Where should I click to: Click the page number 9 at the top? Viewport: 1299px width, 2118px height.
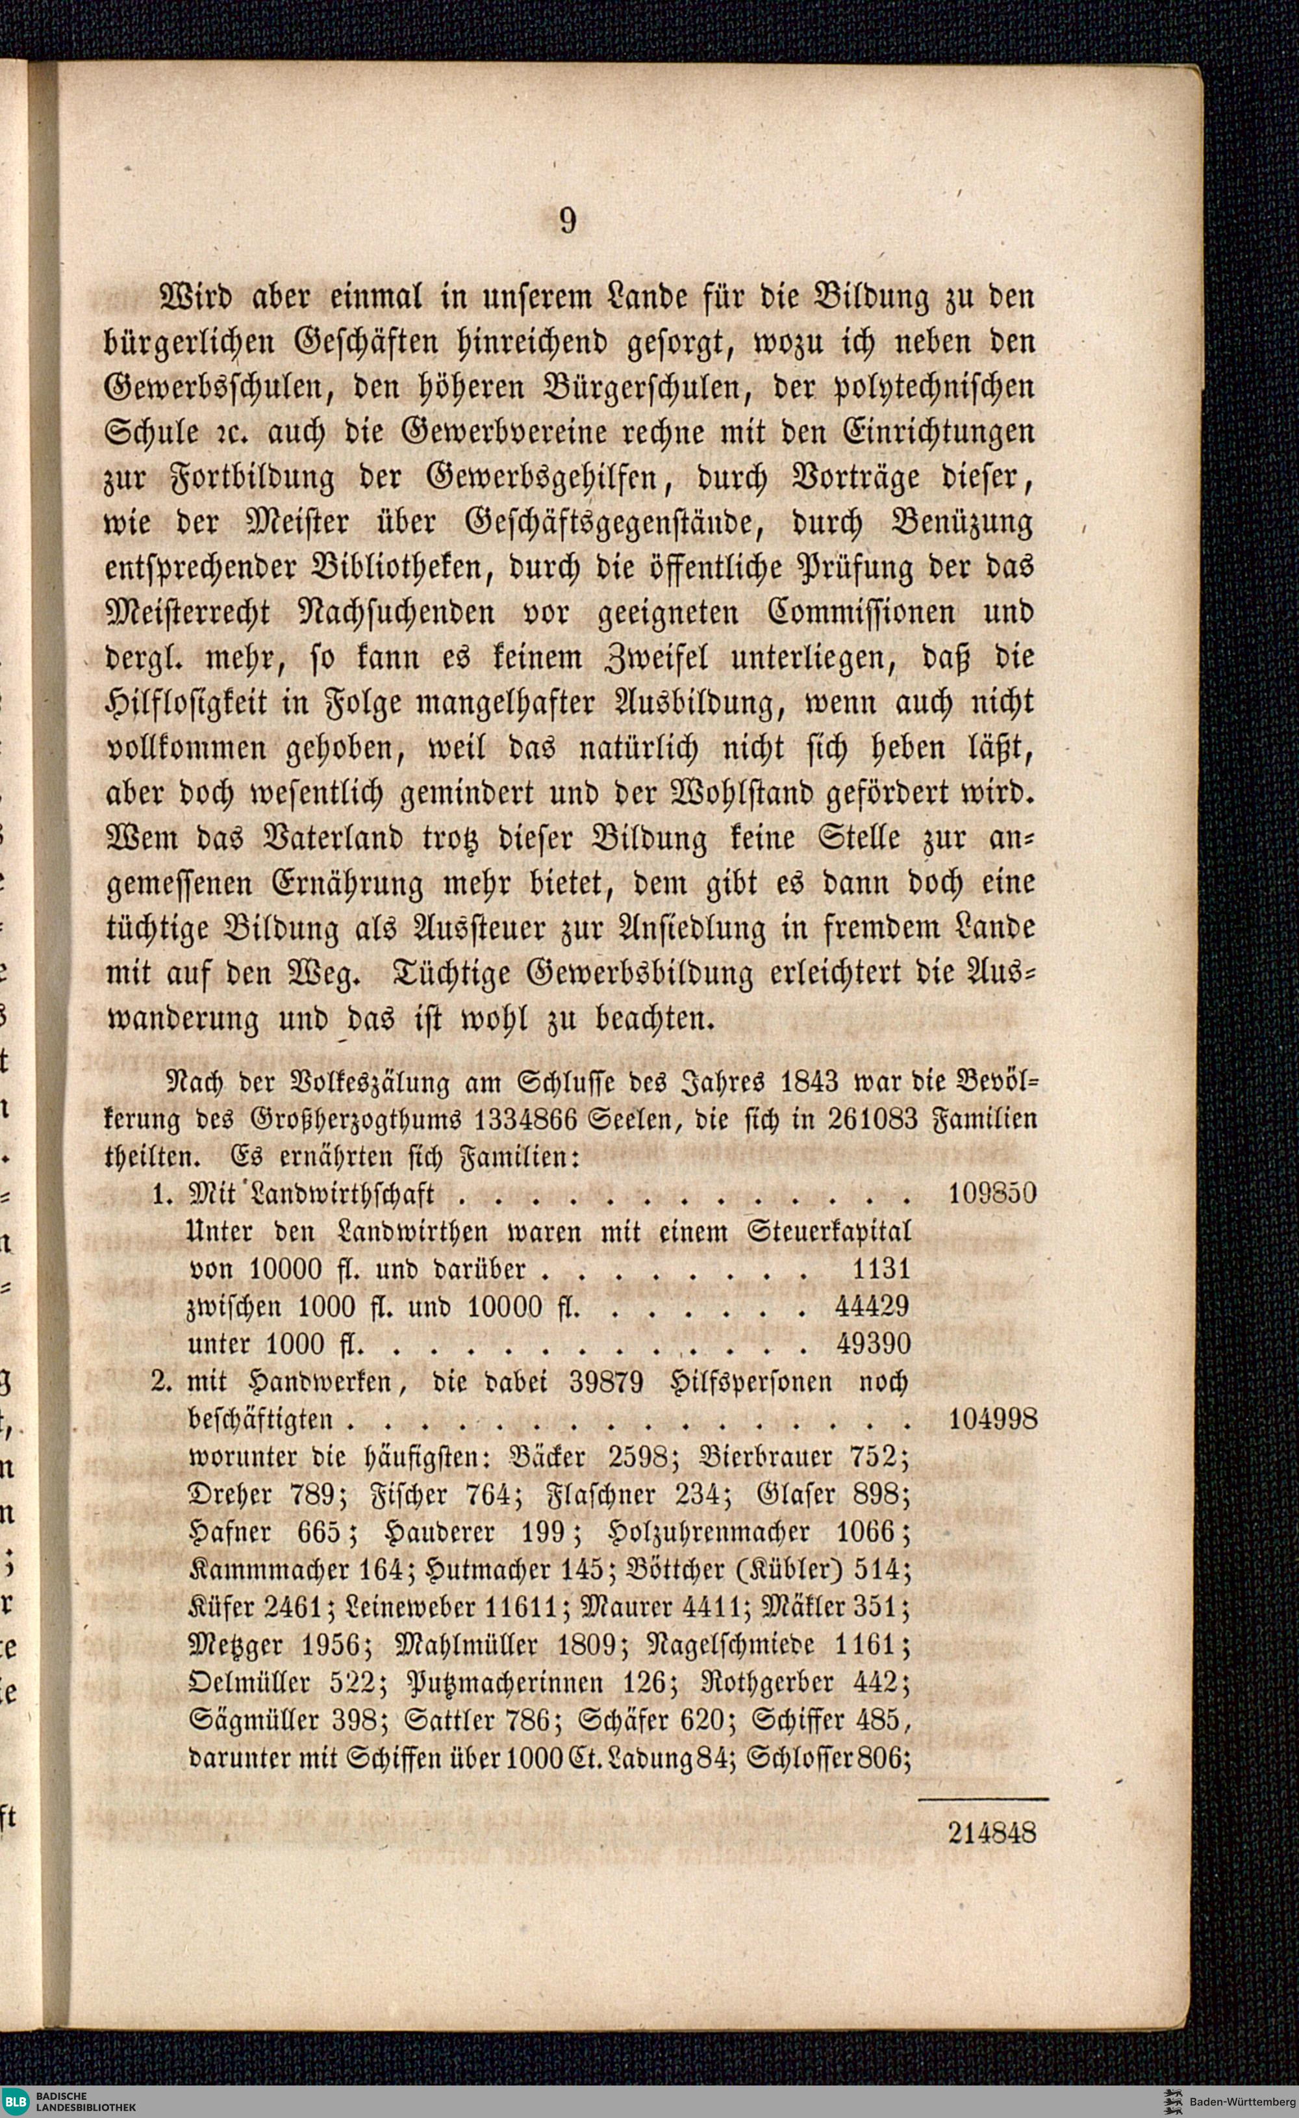[x=568, y=221]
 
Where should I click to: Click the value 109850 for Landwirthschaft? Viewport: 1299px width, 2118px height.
[x=992, y=1194]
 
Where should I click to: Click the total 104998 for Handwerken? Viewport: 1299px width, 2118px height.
[x=992, y=1419]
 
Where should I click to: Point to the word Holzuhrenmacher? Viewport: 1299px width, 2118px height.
[x=707, y=1532]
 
